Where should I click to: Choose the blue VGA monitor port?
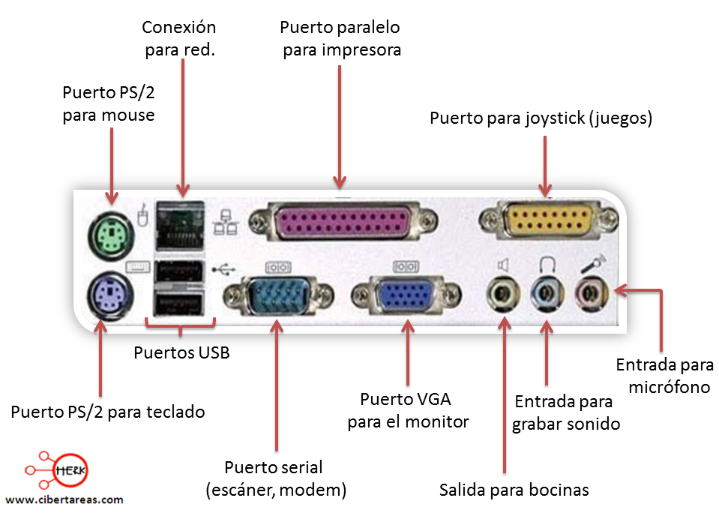point(405,295)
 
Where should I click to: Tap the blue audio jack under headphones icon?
point(545,293)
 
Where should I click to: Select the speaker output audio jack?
point(502,293)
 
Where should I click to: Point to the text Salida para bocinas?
point(514,490)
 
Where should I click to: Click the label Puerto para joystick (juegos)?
point(541,118)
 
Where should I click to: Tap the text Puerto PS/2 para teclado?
point(107,412)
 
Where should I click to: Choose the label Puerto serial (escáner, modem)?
point(276,478)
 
